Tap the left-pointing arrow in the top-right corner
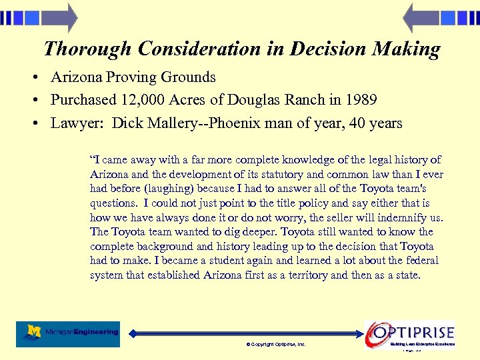coord(419,18)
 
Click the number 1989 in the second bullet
coord(361,100)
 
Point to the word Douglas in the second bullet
coord(257,100)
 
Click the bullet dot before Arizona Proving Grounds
coord(33,78)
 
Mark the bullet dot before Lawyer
coord(33,124)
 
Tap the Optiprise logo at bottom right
coord(410,333)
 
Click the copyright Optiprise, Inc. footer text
coord(275,344)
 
